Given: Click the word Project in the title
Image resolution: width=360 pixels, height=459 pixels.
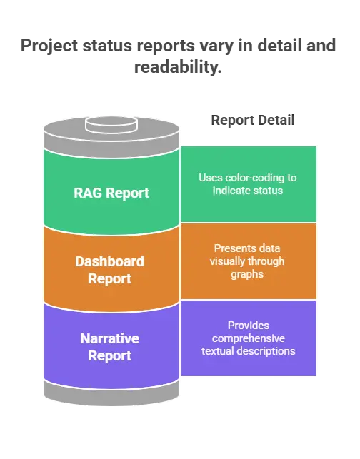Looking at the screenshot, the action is tap(49, 46).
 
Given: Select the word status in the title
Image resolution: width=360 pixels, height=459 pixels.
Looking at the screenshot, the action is tap(107, 46).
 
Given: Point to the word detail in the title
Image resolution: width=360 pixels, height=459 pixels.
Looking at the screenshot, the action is tap(279, 46).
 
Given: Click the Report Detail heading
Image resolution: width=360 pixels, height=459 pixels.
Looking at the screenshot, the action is tap(253, 120).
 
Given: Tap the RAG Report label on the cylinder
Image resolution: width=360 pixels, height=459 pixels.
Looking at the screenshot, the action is tap(111, 193).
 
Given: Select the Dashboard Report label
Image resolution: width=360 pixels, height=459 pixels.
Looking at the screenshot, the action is tap(110, 270).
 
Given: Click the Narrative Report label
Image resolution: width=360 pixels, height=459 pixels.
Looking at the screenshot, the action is tap(110, 347).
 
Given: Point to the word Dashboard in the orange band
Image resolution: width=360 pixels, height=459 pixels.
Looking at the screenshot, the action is tap(110, 261).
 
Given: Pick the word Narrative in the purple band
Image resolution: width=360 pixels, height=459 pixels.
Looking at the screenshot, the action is tap(110, 338).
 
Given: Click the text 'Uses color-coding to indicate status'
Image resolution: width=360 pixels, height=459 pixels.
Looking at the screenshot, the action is tap(248, 184).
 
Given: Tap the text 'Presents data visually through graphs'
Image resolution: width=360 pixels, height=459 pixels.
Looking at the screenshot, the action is tap(247, 261).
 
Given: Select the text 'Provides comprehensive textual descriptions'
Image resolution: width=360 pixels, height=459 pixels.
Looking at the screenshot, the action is tap(249, 338).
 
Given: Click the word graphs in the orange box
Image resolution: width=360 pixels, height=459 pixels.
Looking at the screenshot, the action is tap(247, 274).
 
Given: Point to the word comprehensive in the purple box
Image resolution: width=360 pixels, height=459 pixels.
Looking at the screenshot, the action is tap(249, 338).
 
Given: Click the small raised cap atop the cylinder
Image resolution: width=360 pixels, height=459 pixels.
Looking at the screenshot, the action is tap(111, 125).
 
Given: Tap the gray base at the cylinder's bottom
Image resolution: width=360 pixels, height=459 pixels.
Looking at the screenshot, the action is tap(111, 394).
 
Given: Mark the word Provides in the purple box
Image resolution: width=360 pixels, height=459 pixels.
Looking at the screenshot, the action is tap(249, 326).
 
